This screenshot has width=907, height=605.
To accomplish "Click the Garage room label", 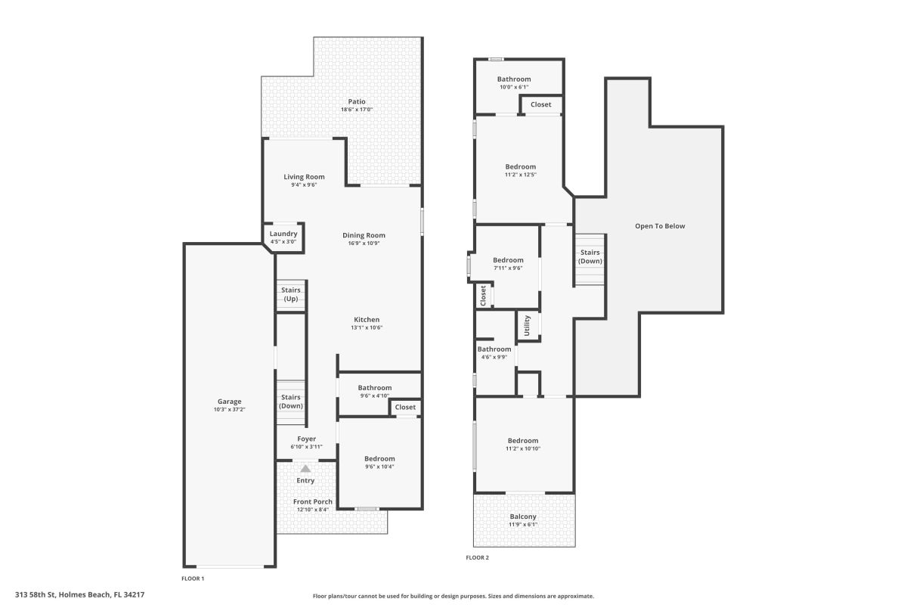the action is click(229, 401).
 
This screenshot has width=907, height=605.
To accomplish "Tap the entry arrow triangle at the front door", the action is click(305, 469).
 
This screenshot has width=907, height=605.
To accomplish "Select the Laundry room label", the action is click(283, 234).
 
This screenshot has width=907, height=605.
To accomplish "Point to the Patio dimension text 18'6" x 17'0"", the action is click(356, 110).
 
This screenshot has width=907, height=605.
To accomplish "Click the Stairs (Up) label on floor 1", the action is click(291, 294).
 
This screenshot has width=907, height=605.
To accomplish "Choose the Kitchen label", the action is click(367, 319).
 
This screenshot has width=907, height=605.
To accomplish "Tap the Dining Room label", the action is click(364, 235).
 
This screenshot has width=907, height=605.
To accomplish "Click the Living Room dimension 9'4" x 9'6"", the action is click(304, 185).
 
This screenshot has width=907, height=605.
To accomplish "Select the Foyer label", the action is click(307, 439).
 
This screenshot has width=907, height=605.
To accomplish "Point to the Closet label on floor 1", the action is click(405, 407).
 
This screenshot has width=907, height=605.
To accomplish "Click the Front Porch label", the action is click(313, 501).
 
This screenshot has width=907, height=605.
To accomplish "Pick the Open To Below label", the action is click(660, 225).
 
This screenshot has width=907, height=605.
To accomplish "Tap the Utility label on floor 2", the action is click(527, 325).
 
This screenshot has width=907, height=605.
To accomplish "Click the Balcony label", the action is click(523, 517).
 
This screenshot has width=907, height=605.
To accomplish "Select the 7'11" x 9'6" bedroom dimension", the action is click(508, 268).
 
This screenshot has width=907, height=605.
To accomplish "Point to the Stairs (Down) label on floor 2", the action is click(590, 256).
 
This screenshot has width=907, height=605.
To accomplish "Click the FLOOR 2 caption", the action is click(477, 557).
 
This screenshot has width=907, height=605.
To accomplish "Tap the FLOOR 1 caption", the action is click(193, 579).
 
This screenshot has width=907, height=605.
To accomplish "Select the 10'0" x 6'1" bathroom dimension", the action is click(514, 87).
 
